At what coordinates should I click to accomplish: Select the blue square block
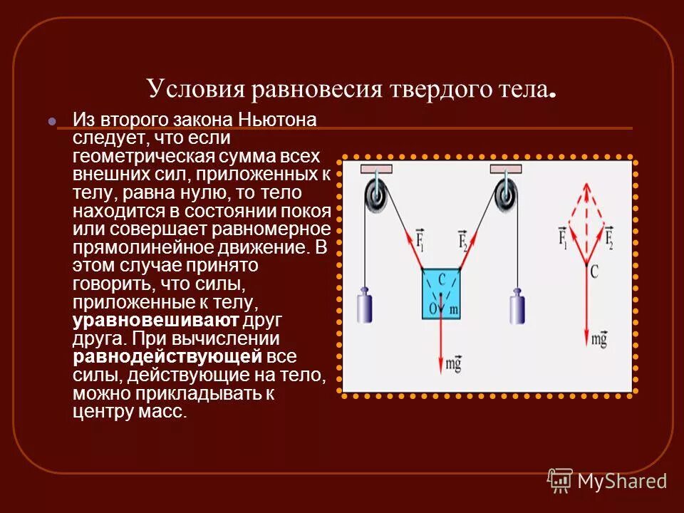tap(441, 290)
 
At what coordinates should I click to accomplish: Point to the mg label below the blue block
tap(454, 365)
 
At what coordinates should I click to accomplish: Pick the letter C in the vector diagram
tap(594, 269)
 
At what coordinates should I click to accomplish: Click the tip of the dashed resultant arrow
tap(587, 186)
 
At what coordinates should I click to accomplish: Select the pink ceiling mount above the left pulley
tap(376, 169)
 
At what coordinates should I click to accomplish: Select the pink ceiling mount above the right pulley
tap(505, 169)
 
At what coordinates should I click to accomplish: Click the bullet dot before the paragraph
tap(51, 121)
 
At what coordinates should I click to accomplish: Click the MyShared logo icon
tap(560, 480)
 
